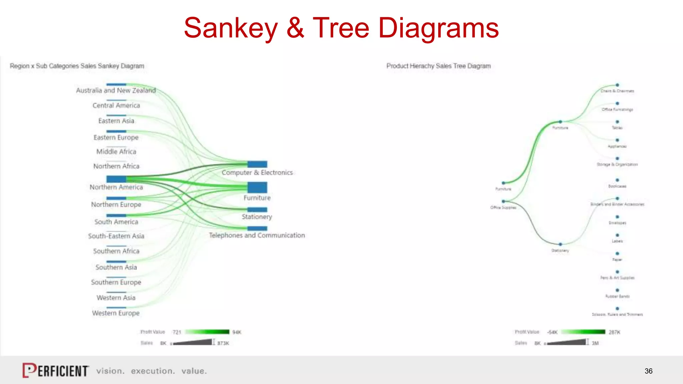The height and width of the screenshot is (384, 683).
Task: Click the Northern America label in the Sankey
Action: pos(116,187)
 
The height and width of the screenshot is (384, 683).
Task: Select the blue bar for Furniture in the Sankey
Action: pos(257,187)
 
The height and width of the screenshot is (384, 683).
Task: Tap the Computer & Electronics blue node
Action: pos(257,164)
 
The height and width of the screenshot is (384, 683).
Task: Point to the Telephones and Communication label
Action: pos(257,235)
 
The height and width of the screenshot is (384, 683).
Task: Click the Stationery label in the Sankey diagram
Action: pos(257,217)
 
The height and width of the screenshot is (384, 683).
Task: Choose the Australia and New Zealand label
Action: pos(116,90)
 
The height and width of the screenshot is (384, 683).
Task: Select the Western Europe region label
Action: pos(116,313)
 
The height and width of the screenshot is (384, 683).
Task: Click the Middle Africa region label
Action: pos(116,152)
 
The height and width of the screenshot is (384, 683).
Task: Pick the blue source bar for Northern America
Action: pos(116,179)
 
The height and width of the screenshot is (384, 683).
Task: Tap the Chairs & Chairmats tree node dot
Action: pos(617,85)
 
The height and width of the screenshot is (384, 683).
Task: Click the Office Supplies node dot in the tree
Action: pos(504,201)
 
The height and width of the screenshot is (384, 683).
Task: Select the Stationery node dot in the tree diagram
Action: pos(560,244)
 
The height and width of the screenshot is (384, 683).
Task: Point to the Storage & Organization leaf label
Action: pos(617,164)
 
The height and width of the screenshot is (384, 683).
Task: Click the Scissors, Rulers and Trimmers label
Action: pos(617,314)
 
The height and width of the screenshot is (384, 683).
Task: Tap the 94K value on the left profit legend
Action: pos(237,332)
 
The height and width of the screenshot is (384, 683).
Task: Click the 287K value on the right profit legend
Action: pos(614,332)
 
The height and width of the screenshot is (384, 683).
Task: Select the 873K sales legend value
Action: pos(223,343)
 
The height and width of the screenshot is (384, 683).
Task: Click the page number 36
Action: pos(648,371)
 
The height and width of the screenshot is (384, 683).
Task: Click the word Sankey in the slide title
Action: pos(231,28)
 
